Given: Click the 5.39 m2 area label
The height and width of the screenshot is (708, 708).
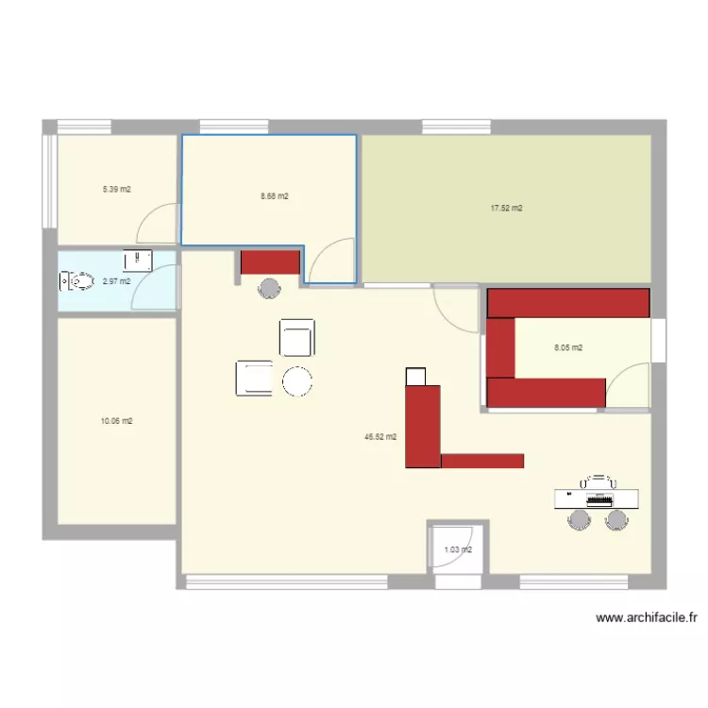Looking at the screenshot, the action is (117, 189).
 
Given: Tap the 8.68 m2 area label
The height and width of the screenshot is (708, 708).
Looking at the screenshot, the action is (275, 196).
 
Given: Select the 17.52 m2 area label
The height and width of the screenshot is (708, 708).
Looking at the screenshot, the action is (507, 209).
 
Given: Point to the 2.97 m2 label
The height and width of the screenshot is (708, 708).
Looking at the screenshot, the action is (116, 281).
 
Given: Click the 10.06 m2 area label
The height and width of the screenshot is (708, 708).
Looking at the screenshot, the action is (116, 421).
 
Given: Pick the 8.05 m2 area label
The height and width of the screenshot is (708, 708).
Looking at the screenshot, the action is (568, 347).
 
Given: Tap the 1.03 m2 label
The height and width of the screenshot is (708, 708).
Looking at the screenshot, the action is (458, 549).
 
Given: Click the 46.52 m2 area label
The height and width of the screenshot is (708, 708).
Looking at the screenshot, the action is (380, 437).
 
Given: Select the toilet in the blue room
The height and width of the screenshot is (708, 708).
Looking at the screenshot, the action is (76, 281).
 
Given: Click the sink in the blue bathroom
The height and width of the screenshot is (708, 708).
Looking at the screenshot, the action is (138, 261).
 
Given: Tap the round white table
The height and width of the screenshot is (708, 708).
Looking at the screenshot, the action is (297, 381).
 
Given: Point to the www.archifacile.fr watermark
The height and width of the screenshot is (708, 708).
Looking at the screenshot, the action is (647, 617).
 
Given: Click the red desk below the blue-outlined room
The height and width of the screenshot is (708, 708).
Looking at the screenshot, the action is (271, 262).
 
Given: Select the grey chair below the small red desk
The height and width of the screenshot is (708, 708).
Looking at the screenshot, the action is (269, 289).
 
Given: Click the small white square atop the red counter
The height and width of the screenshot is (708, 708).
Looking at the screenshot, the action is (416, 377).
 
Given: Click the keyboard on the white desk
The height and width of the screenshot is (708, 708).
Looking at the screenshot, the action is (599, 499).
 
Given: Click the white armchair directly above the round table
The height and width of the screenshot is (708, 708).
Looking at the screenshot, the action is (297, 337).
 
